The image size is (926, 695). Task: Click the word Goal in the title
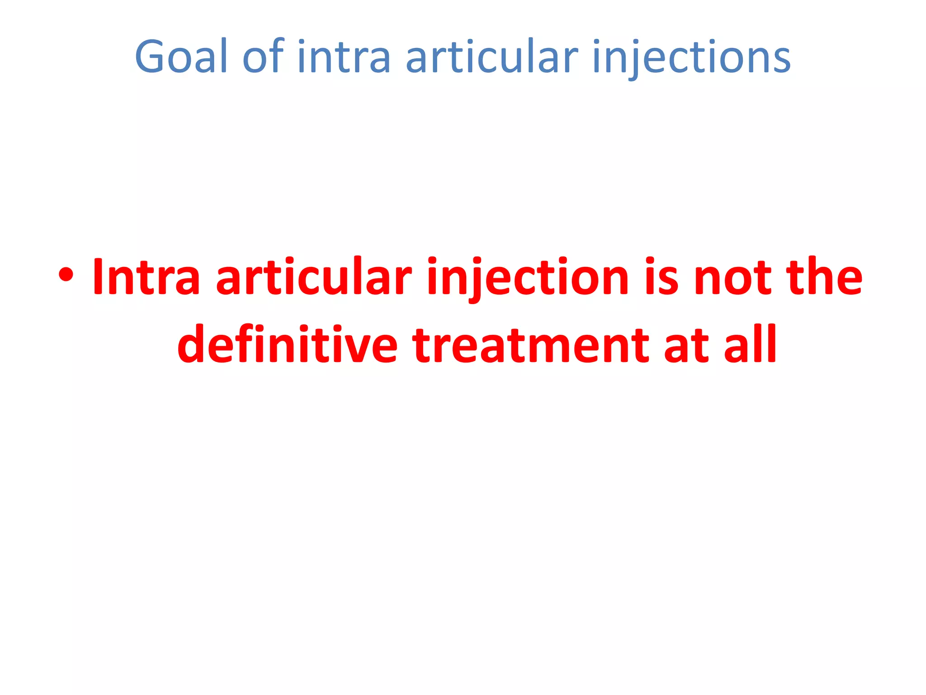[181, 57]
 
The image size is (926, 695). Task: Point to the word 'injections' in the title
[691, 57]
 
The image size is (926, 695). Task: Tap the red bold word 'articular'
[314, 277]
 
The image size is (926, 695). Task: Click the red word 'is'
[661, 277]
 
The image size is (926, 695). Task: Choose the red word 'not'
[732, 277]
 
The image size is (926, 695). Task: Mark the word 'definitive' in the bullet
[288, 345]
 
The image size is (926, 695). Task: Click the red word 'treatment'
[531, 345]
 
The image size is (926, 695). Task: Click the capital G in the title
[152, 57]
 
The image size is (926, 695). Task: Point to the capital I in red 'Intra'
[97, 277]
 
